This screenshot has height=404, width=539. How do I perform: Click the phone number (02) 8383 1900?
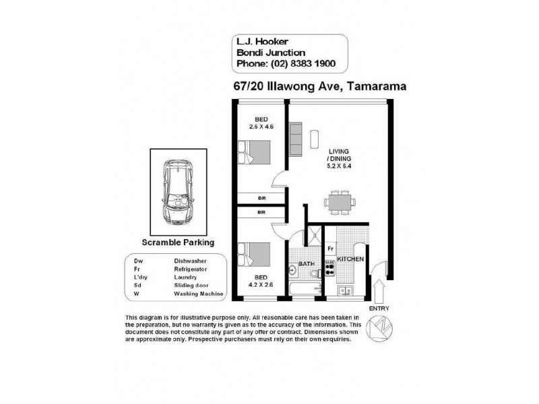(x=303, y=63)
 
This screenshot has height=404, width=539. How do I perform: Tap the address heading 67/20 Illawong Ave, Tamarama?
(x=319, y=86)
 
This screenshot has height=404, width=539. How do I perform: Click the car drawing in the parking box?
(x=178, y=192)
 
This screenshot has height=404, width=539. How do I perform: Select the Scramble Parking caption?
(x=178, y=242)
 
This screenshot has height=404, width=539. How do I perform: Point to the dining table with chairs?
(x=340, y=203)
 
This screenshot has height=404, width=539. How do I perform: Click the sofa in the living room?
(x=295, y=139)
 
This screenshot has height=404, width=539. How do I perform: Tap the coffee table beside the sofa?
(x=314, y=139)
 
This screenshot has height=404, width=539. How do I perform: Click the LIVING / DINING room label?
(x=339, y=155)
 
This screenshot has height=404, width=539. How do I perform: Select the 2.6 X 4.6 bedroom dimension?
(x=261, y=127)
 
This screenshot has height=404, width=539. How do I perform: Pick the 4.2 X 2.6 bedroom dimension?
(x=261, y=284)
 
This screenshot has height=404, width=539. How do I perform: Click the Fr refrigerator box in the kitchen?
(x=330, y=248)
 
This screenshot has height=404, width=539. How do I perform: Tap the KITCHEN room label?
(x=350, y=259)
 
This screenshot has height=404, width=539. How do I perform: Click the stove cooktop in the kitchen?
(x=330, y=267)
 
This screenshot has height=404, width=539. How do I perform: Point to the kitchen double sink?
(x=345, y=291)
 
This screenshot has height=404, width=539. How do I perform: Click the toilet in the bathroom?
(x=315, y=274)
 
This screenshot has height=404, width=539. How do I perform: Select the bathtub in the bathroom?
(x=306, y=289)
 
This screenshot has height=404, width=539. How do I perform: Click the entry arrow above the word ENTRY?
(x=379, y=292)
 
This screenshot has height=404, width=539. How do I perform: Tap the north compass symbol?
(x=379, y=329)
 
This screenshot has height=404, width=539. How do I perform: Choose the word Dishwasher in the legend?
(x=190, y=261)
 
